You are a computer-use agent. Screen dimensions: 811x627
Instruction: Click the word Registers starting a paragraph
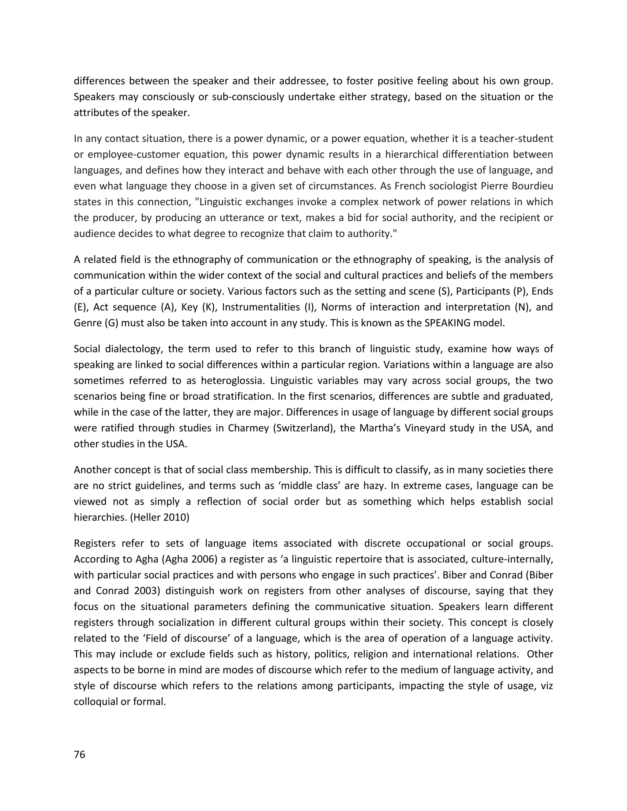(x=94, y=543)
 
